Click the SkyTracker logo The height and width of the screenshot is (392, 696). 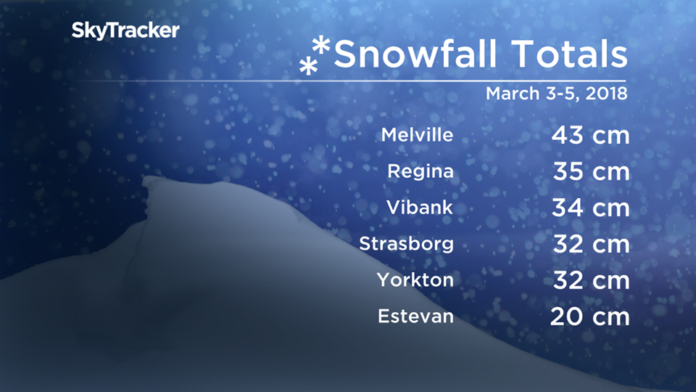[x=125, y=31]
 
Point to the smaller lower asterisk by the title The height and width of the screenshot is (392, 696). [x=308, y=68]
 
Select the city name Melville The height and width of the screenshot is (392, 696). [x=417, y=135]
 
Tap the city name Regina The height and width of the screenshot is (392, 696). [x=420, y=172]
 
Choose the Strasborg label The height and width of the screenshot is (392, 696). [x=406, y=243]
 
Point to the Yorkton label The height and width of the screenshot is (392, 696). [x=415, y=279]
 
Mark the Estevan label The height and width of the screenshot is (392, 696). [x=415, y=317]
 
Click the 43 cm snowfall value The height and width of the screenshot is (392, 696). [x=589, y=136]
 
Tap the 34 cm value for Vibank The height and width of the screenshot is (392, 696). [x=589, y=208]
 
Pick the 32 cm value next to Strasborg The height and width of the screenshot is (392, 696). [x=591, y=244]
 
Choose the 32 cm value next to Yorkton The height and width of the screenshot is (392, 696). [x=591, y=280]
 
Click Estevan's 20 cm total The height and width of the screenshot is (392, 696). [x=589, y=317]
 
